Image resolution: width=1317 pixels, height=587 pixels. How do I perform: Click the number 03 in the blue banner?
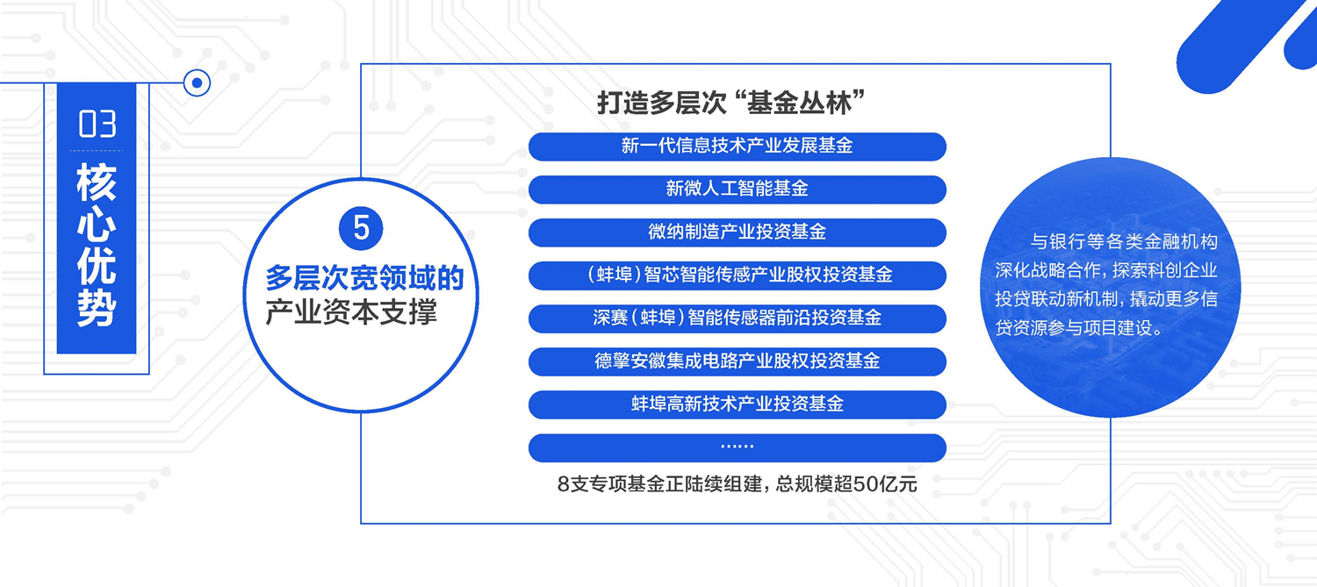(x=97, y=124)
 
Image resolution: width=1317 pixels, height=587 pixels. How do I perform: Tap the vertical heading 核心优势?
(x=97, y=245)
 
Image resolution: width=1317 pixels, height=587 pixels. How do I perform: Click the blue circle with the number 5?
(x=361, y=228)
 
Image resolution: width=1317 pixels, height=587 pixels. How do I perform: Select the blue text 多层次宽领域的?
(x=364, y=277)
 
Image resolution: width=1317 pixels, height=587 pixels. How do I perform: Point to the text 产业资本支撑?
(x=351, y=311)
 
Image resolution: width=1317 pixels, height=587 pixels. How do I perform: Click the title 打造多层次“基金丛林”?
(x=730, y=103)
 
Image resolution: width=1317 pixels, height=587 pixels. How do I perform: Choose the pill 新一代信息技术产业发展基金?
(x=738, y=147)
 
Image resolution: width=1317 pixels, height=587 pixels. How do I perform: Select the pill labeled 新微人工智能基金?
(x=738, y=190)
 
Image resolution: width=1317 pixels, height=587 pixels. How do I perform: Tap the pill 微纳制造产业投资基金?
(x=738, y=233)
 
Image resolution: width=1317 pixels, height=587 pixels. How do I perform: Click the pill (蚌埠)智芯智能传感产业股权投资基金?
(x=738, y=275)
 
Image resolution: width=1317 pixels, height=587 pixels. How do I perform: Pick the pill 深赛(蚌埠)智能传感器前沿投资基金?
(x=738, y=319)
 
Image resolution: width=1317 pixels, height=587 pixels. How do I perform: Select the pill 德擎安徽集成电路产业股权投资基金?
(x=738, y=362)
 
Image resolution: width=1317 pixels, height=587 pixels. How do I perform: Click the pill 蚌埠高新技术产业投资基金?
(x=738, y=404)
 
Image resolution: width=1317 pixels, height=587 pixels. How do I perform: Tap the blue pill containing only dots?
(x=738, y=447)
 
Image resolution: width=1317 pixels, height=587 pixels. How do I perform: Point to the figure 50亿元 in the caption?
(x=885, y=484)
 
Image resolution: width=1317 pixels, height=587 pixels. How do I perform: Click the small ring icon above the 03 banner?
(x=197, y=82)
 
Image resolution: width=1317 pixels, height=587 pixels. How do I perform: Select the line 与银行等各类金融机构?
(x=1124, y=241)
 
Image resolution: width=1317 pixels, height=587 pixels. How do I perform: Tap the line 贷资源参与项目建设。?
(x=1079, y=328)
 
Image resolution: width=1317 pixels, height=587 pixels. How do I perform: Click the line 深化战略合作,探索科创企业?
(x=1106, y=270)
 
